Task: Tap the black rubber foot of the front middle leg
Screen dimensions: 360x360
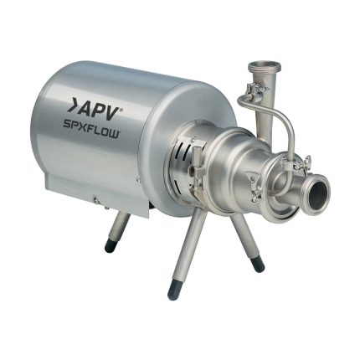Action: pos(173,291)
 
